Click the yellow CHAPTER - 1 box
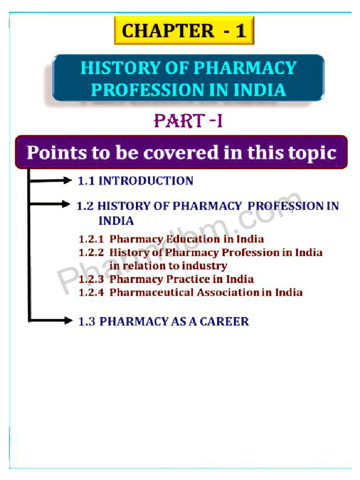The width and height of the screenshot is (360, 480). [184, 31]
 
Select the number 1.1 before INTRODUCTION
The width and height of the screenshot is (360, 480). [86, 181]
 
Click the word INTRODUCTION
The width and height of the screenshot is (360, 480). [146, 181]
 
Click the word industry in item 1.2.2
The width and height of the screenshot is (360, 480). [206, 266]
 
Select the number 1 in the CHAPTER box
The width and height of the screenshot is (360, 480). [240, 31]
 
